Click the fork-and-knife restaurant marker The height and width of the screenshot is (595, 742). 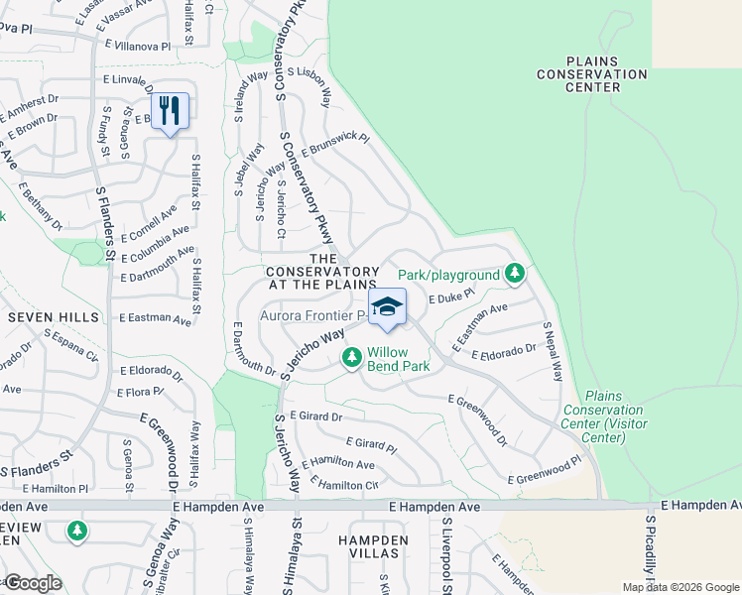tap(170, 110)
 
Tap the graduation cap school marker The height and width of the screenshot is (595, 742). tap(387, 307)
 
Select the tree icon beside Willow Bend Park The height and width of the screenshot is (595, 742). tap(350, 357)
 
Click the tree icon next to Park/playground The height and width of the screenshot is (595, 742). tap(514, 273)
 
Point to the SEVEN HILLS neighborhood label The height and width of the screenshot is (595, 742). tap(54, 317)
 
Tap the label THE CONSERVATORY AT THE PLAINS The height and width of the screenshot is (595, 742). tap(321, 278)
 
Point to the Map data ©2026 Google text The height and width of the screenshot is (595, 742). tap(679, 587)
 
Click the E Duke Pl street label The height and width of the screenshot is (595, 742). tap(452, 297)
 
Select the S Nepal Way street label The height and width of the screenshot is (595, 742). tap(553, 351)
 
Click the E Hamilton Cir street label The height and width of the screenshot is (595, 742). tap(345, 484)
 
